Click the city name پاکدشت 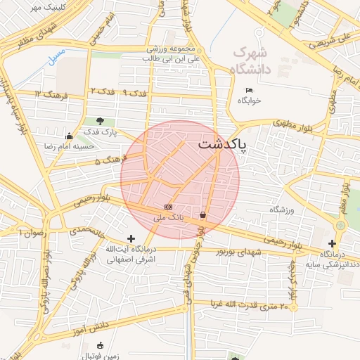pyautogui.click(x=223, y=145)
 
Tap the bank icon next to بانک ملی pyautogui.click(x=167, y=207)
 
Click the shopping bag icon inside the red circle pyautogui.click(x=203, y=214)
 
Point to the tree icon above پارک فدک pyautogui.click(x=101, y=121)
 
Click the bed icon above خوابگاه pyautogui.click(x=249, y=90)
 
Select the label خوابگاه pyautogui.click(x=249, y=101)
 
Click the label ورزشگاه pyautogui.click(x=283, y=210)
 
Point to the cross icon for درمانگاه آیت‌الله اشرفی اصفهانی pyautogui.click(x=131, y=239)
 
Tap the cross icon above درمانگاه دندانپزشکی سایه pyautogui.click(x=333, y=243)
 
